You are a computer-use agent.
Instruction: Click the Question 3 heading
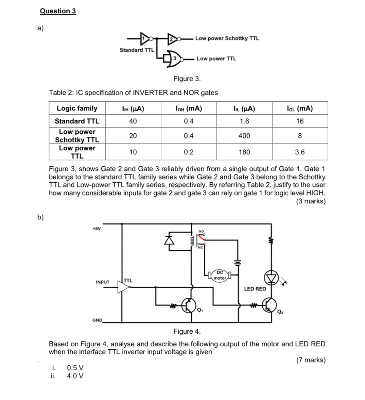(x=58, y=11)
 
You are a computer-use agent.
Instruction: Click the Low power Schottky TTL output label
(x=227, y=38)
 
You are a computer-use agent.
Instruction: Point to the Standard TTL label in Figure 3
(x=137, y=50)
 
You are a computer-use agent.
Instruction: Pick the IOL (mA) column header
(x=300, y=109)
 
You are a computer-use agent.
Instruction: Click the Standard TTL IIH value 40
(x=133, y=121)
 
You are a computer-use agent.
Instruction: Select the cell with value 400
(x=244, y=136)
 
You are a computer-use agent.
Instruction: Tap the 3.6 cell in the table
(x=300, y=152)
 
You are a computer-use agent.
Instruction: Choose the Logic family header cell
(x=77, y=109)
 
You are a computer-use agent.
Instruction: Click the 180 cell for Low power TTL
(x=244, y=152)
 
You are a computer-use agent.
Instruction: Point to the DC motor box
(x=220, y=275)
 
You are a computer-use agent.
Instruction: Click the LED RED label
(x=255, y=289)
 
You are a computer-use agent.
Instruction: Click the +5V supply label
(x=97, y=229)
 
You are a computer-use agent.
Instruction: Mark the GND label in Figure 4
(x=97, y=320)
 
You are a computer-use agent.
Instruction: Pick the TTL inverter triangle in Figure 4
(x=123, y=287)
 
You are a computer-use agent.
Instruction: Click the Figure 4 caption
(x=187, y=331)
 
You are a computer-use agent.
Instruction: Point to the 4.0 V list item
(x=75, y=376)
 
